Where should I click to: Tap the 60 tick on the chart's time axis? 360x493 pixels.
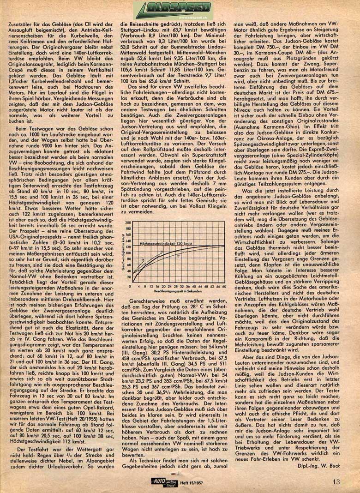point(225,287)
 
